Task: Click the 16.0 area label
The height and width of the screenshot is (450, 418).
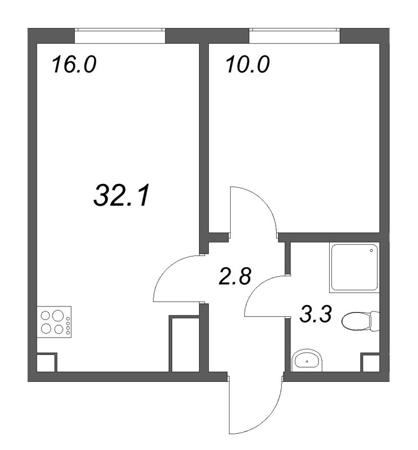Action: click(74, 64)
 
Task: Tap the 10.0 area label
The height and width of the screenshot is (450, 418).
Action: click(248, 64)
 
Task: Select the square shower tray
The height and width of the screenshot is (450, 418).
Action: click(353, 268)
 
